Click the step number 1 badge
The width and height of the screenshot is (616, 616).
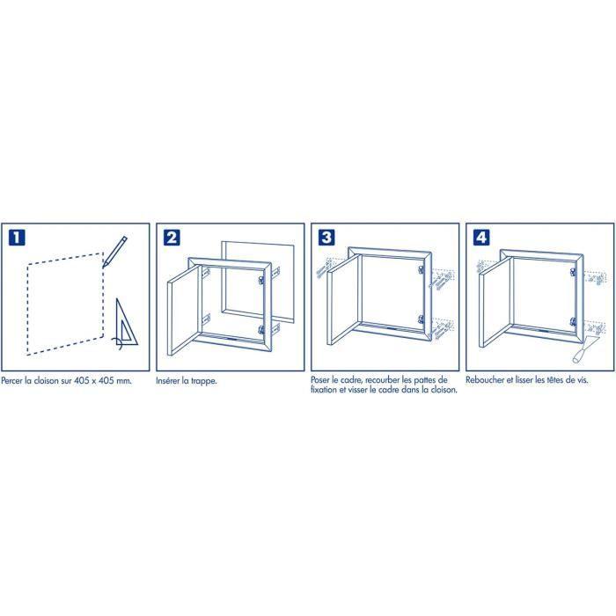click(x=17, y=238)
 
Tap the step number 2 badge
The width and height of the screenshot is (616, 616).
click(x=172, y=238)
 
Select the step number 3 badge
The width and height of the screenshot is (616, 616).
click(x=326, y=238)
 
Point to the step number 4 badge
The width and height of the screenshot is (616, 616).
click(x=481, y=238)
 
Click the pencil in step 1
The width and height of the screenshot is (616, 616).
click(x=114, y=252)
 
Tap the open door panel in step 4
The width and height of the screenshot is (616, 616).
click(x=496, y=301)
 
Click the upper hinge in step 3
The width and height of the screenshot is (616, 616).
click(x=422, y=270)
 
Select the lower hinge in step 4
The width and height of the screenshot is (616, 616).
click(x=573, y=322)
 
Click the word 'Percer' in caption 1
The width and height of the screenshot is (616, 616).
click(x=11, y=381)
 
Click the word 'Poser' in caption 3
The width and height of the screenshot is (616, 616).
click(x=320, y=380)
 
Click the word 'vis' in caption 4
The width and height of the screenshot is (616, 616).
click(x=583, y=380)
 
